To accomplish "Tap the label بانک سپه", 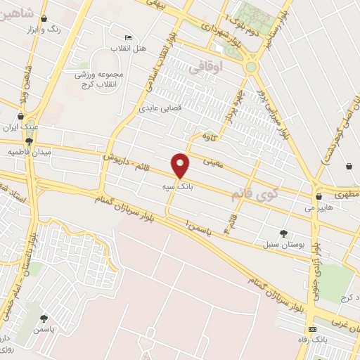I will (x=176, y=188).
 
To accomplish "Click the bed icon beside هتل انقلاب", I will (x=127, y=37).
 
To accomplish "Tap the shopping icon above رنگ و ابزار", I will (x=45, y=20).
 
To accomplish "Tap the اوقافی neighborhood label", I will (x=226, y=68).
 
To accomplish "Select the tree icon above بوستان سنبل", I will (x=284, y=233).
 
